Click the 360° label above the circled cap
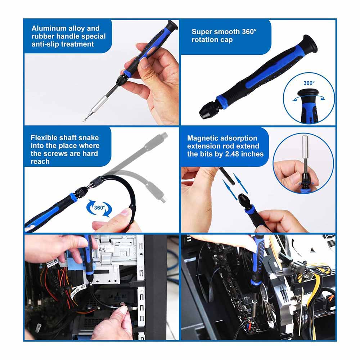[x=309, y=83]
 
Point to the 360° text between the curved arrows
[x=100, y=208]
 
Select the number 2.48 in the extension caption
[x=232, y=154]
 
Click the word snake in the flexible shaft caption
[x=89, y=138]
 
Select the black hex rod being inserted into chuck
[x=227, y=176]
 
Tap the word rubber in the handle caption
[x=43, y=36]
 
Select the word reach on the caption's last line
[x=40, y=161]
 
